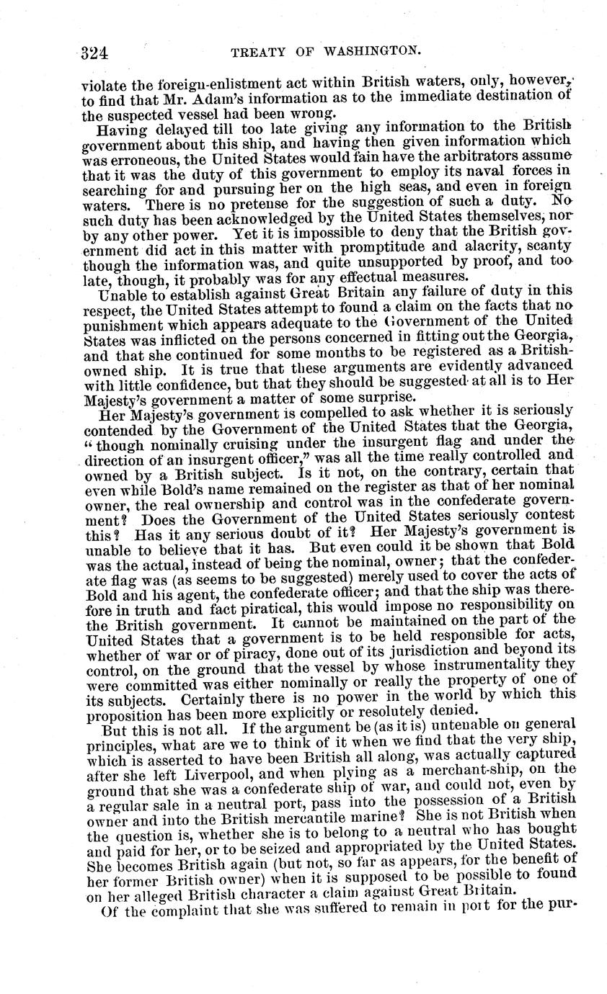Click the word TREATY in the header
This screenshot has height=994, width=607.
pos(259,52)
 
